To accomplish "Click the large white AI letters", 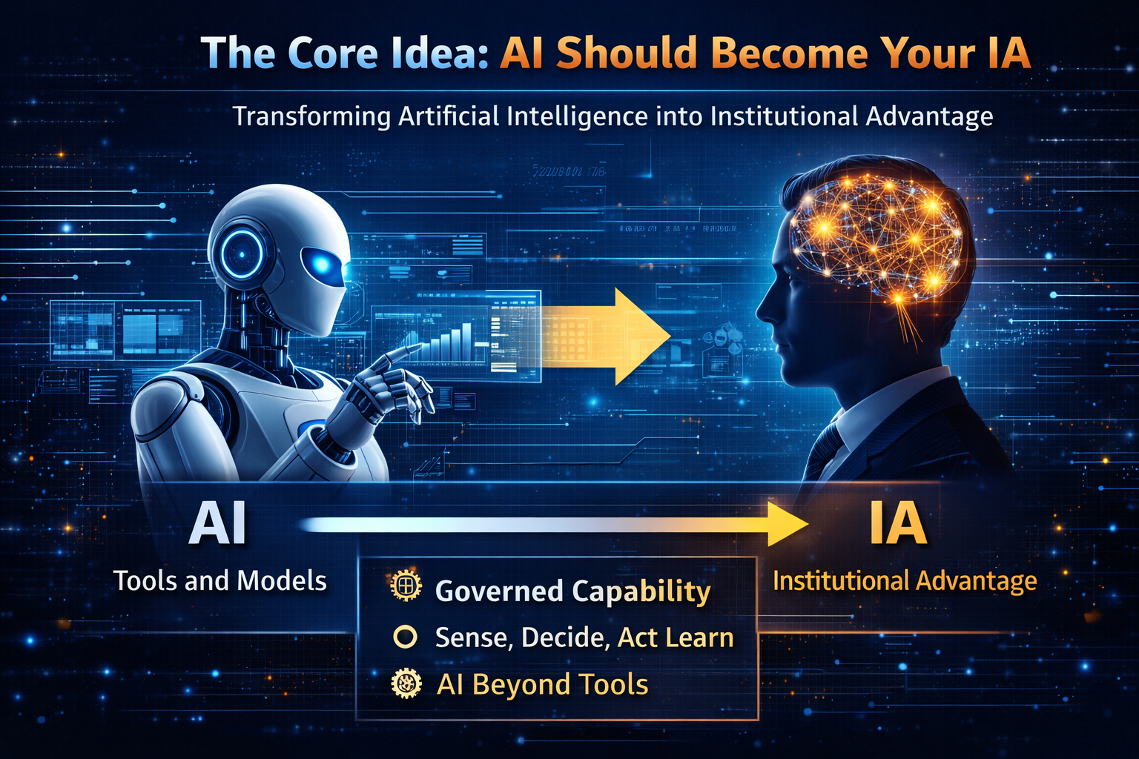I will coord(217,524).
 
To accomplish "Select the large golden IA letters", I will coord(898,524).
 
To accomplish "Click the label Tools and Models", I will coord(220,580).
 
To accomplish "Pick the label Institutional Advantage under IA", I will coord(905,580).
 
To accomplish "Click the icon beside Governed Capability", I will coord(406,586).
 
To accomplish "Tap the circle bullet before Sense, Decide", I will coord(405,637).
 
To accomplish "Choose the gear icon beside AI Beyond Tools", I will coord(406,683).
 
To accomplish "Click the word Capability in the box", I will coord(641,591).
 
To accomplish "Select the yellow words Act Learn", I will coord(676,637).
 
